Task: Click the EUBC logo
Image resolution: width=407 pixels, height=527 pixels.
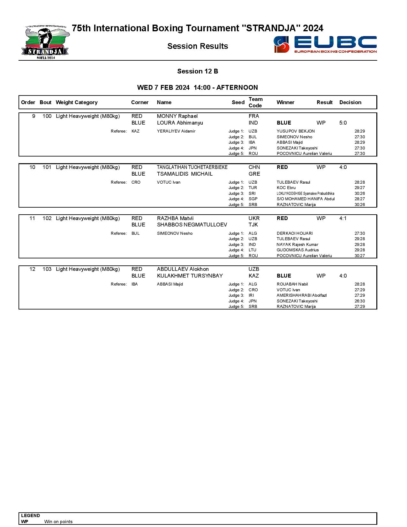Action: coord(325,44)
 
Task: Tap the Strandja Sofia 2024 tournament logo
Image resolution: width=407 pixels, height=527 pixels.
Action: coord(45,43)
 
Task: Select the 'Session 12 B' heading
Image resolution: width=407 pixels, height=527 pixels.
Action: coord(198,71)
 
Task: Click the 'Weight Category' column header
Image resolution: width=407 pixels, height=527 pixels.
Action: coord(76,103)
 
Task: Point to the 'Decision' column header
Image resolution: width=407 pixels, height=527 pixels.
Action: coord(350,103)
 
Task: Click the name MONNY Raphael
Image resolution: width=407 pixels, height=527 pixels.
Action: coord(177,116)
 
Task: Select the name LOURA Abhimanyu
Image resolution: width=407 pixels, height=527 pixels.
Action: coord(180,123)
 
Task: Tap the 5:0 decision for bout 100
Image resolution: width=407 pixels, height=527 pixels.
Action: coord(343,123)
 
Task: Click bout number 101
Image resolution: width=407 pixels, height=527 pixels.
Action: coord(47,167)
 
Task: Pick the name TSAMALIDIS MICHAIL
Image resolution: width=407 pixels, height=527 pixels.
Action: coord(185,174)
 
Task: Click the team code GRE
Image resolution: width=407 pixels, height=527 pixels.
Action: coord(254,174)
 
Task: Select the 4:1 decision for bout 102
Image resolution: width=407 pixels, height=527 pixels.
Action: coord(343,218)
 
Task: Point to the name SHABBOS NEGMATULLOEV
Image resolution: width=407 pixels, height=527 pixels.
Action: coord(192,225)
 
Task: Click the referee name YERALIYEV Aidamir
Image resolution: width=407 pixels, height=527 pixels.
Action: coord(176,131)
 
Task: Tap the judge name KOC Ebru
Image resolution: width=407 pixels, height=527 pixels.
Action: coord(286,188)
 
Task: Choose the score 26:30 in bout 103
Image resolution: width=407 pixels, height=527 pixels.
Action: coord(359,301)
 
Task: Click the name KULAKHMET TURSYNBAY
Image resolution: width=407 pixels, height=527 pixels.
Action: coord(190,276)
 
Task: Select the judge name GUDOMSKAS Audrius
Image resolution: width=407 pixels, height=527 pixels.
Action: coord(298,250)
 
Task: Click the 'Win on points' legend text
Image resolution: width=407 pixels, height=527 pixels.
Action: coord(58,522)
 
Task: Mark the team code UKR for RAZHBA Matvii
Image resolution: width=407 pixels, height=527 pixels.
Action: coord(254,218)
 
